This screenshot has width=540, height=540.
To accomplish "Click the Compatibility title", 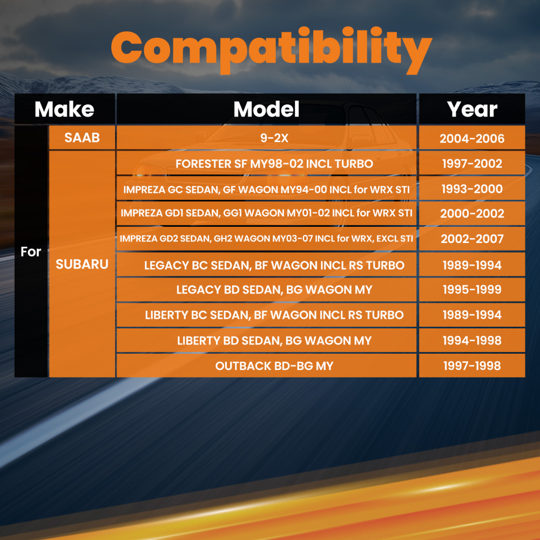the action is pos(272,50).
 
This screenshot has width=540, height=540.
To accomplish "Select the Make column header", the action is pos(64,109).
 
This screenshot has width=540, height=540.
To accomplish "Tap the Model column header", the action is pos(266,109).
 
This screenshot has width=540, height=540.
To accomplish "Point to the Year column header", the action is pos(472,109).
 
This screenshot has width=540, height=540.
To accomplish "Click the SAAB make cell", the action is pos(82,138).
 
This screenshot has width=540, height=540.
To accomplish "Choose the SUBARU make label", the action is pos(82,264).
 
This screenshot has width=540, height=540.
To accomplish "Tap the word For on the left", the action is pos(31,252).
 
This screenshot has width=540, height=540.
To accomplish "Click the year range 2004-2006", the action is pos(472,138).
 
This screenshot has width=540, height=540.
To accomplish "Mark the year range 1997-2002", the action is pos(472,164).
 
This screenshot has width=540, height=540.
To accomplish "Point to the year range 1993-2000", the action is pos(472,188).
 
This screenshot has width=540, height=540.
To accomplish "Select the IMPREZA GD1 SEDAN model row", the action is pos(266,213).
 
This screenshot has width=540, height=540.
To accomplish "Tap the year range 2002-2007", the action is pos(472,239).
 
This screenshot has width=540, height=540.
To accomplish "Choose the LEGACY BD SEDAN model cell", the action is pos(274,289).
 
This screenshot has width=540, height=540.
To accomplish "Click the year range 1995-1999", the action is pos(472,289).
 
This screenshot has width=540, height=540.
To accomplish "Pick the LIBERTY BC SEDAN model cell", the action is pos(274,315).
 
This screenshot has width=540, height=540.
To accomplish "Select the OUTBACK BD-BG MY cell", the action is pos(274,366).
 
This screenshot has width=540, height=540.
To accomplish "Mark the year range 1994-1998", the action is pos(472,340).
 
